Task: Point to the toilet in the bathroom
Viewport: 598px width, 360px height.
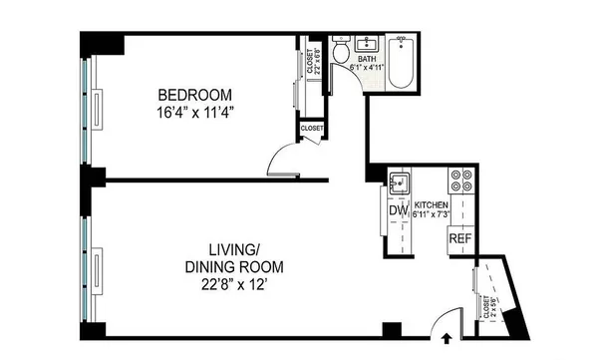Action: [340, 50]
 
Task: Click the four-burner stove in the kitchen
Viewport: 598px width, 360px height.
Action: [462, 180]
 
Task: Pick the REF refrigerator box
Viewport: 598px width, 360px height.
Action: [459, 239]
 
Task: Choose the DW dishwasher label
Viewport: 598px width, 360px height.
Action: [398, 211]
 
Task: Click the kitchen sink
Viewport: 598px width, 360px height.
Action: [401, 181]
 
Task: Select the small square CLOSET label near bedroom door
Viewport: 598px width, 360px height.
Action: [312, 129]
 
